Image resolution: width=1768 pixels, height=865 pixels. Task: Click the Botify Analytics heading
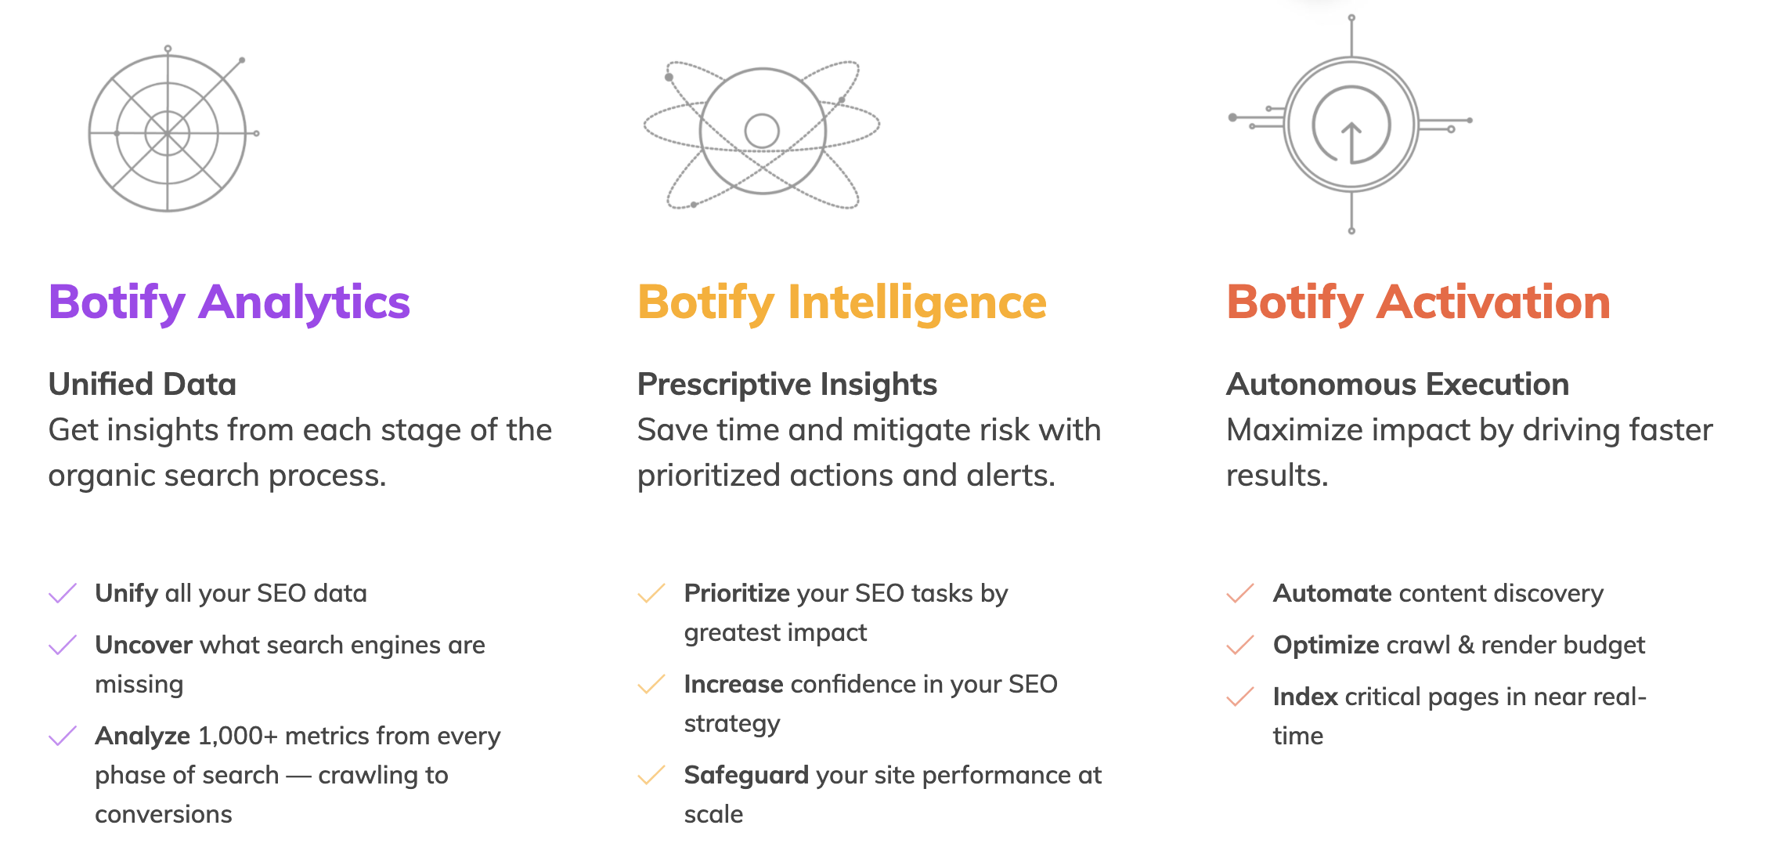click(x=229, y=302)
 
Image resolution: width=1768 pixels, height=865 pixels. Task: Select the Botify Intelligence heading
click(x=842, y=302)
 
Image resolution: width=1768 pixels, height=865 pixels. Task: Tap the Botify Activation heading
click(x=1418, y=302)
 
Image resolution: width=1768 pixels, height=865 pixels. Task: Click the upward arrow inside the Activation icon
click(x=1351, y=141)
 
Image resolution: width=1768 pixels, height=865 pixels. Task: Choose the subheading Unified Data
click(x=142, y=385)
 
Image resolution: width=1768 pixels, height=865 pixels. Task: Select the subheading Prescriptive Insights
click(x=787, y=385)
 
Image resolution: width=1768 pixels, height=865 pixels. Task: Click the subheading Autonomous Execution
click(x=1398, y=385)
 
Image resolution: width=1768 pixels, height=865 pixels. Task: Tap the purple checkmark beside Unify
click(x=63, y=593)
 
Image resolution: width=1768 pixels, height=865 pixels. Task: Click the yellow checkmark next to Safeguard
click(x=651, y=775)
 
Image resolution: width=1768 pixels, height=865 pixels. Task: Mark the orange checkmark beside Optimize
click(x=1240, y=645)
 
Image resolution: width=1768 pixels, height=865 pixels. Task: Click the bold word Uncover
click(x=143, y=645)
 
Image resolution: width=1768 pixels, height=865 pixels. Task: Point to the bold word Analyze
click(x=143, y=737)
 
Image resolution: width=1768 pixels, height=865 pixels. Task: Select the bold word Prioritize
click(x=737, y=593)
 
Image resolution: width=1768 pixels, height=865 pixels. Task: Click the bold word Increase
click(x=734, y=684)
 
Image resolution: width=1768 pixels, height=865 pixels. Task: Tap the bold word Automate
click(x=1332, y=593)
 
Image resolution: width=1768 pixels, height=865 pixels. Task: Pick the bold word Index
click(x=1305, y=697)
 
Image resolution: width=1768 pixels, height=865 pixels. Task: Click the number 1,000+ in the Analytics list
click(x=238, y=737)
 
